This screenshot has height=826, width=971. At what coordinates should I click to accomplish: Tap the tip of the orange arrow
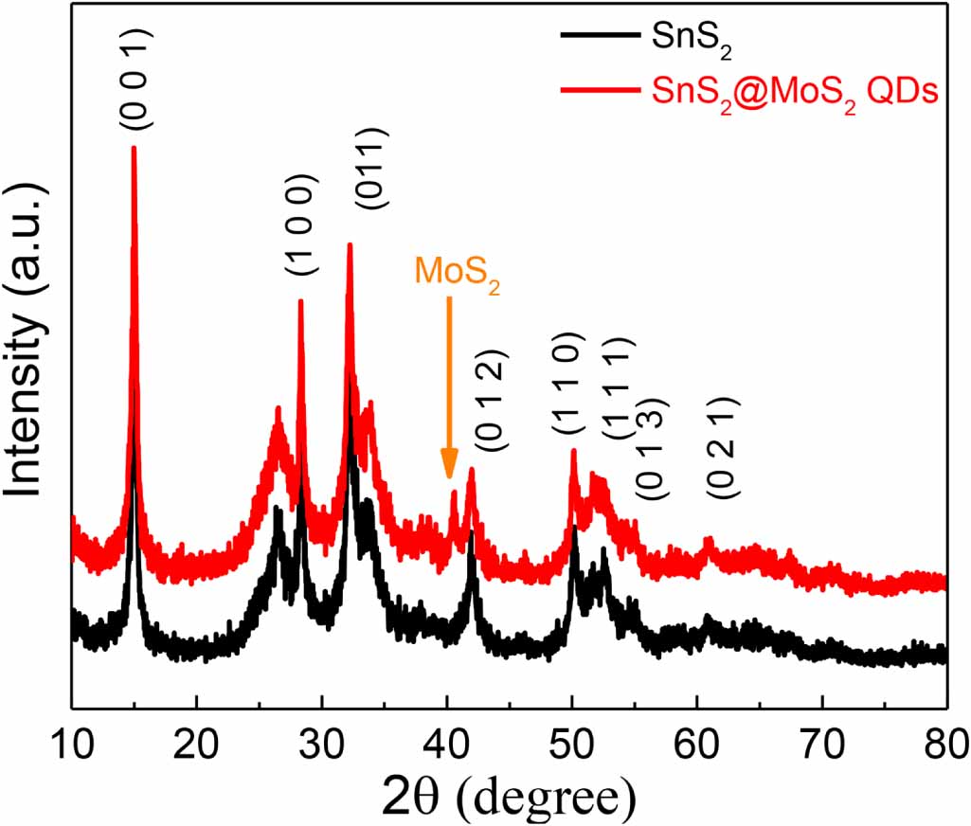tap(449, 478)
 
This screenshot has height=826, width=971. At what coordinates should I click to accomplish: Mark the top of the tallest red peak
tap(134, 148)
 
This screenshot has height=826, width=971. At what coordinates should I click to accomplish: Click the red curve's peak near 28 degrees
tap(300, 301)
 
